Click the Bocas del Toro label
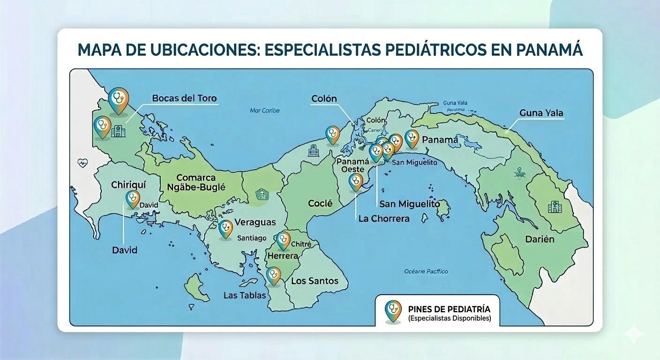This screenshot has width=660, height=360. point(184,98)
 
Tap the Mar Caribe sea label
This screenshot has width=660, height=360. point(264,111)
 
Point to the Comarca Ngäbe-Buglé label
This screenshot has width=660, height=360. point(196,182)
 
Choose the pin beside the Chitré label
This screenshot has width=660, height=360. point(283,240)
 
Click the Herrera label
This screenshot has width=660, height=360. point(282,256)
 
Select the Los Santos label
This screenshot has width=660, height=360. point(315,281)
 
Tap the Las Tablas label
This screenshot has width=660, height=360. point(245,295)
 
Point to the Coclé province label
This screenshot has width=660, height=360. point(320,203)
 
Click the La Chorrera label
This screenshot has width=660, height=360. point(383,218)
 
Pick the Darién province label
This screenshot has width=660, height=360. point(540,239)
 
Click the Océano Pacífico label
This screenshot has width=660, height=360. point(426,271)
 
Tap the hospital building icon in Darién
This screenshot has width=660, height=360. point(555,206)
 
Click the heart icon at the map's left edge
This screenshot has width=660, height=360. point(83,163)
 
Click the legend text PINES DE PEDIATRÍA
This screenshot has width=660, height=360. point(449,309)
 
